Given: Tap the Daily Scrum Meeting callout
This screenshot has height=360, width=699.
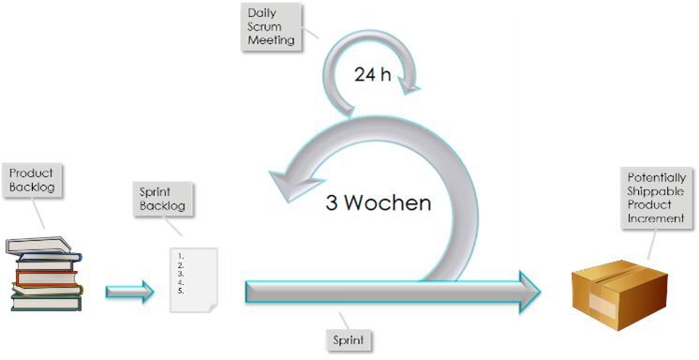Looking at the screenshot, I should (271, 26).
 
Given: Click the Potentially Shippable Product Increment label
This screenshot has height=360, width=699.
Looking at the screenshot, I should (657, 198).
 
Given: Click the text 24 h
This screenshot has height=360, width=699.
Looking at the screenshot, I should (372, 75).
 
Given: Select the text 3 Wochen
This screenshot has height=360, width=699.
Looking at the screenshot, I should (379, 203).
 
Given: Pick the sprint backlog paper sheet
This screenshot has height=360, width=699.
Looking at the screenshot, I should (193, 278).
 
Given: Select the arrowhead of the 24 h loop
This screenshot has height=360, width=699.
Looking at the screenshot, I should (409, 87).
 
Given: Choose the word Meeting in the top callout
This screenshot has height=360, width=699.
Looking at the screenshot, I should (271, 40).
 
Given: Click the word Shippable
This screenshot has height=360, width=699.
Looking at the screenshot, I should (657, 190).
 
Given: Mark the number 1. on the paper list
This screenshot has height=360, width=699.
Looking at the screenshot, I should (179, 255).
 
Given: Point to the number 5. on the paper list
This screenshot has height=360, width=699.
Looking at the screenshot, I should (179, 291).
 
